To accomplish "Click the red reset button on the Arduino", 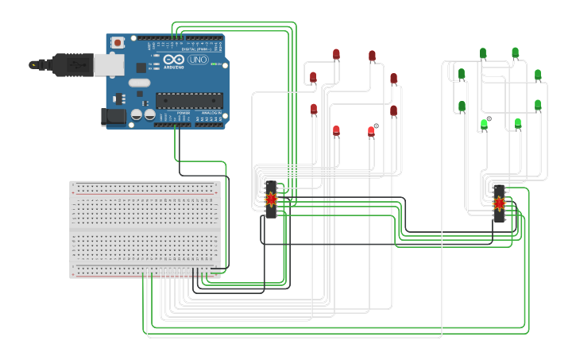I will tap(118, 42).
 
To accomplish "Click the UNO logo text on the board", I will tap(197, 60).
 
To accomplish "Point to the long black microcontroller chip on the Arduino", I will tap(188, 99).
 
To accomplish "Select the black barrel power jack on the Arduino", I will tap(114, 118).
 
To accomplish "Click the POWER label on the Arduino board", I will tap(184, 113).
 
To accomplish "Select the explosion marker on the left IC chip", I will tap(272, 199).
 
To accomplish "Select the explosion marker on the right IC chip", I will tap(499, 203).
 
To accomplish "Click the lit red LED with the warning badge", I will tap(371, 131).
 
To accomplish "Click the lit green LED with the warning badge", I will tap(484, 125).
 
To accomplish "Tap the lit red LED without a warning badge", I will tap(336, 130).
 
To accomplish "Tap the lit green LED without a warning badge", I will tap(518, 123).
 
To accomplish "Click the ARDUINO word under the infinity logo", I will tap(174, 67).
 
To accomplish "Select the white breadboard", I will tap(145, 229).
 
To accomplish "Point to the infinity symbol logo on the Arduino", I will tap(174, 59).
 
